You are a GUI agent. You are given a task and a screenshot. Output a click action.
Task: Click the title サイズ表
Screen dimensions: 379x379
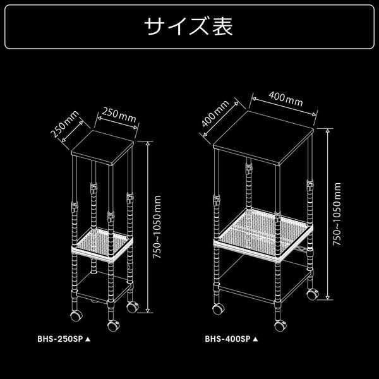[189, 26]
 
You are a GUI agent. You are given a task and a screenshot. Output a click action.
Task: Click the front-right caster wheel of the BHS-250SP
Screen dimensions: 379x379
[133, 307]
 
